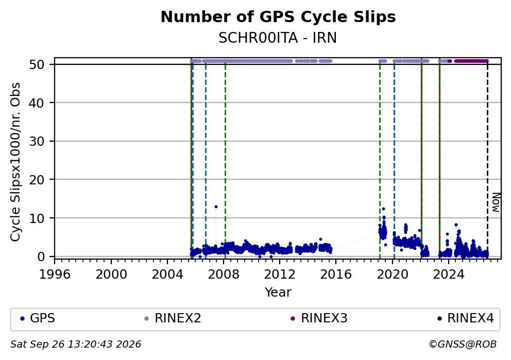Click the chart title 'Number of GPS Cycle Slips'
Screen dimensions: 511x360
(x=278, y=17)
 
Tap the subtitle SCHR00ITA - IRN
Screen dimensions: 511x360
(x=278, y=38)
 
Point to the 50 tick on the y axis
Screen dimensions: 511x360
(x=37, y=64)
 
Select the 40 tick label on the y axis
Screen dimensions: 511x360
(x=37, y=103)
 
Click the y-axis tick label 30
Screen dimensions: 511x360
(x=37, y=141)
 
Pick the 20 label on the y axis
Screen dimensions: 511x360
(x=37, y=180)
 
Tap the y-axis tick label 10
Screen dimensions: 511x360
(x=37, y=218)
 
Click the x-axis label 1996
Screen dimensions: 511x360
(x=55, y=275)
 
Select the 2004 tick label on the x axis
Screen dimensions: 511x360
(x=167, y=275)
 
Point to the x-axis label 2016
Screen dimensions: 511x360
(x=336, y=275)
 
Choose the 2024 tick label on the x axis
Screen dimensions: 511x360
(x=449, y=275)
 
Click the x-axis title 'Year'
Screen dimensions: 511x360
(x=278, y=292)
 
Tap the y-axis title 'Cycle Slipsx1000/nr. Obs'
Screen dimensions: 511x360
(x=15, y=162)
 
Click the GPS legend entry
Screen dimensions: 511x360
(x=38, y=318)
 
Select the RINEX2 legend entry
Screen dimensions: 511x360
(x=173, y=318)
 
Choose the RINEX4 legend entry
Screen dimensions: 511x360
(x=466, y=318)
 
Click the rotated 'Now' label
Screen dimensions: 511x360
(x=496, y=202)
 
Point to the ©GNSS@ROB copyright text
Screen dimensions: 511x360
(x=463, y=345)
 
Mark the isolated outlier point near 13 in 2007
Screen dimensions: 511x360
(x=216, y=207)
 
